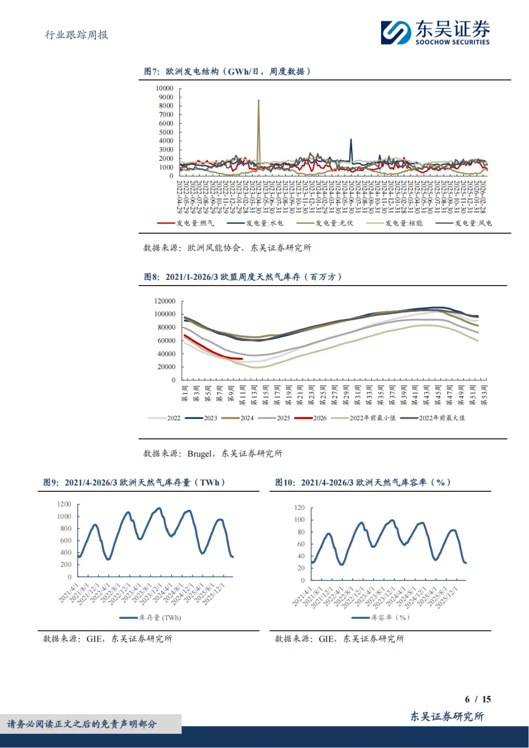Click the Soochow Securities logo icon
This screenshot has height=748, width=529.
[396, 33]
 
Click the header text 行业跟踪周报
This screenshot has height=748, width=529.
[76, 35]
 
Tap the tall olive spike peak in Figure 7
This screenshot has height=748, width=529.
[259, 101]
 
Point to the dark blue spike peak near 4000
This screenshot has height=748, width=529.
[351, 140]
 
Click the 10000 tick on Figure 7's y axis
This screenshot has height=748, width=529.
[165, 88]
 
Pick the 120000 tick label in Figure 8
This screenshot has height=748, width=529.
[165, 301]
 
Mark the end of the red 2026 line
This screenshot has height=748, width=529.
[242, 359]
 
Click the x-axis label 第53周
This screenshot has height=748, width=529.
[484, 395]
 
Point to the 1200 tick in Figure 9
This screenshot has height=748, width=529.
[64, 504]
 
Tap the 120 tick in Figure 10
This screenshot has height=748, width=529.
[299, 507]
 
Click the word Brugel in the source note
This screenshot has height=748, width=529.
[200, 454]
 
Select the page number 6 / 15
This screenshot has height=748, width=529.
[478, 699]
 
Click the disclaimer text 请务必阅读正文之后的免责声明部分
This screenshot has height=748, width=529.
[82, 724]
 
